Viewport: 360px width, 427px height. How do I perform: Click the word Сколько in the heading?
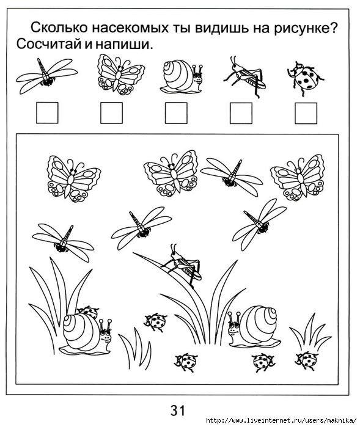[x=60, y=27]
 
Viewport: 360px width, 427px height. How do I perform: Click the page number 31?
[x=178, y=410]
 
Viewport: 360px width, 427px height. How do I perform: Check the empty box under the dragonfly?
[x=47, y=113]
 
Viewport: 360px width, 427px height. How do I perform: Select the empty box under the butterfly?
[x=111, y=113]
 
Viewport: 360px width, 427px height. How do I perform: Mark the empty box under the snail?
[x=176, y=113]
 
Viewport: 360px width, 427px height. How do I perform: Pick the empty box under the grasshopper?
[x=241, y=113]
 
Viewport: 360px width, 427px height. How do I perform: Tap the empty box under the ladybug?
[x=306, y=113]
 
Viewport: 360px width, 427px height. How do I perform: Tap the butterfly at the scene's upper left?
[x=73, y=178]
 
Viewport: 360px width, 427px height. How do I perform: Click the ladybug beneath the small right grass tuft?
[x=307, y=360]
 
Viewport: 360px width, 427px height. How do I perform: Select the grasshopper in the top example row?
[x=244, y=76]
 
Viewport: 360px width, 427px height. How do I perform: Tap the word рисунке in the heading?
[x=306, y=28]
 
